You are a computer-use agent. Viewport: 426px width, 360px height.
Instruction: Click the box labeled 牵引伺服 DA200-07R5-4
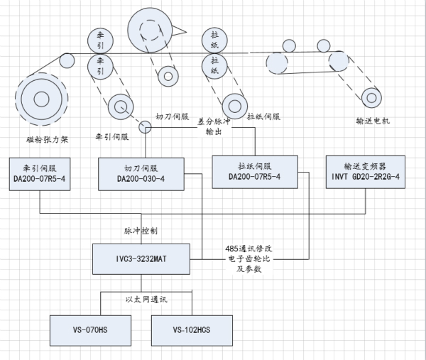(x=40, y=171)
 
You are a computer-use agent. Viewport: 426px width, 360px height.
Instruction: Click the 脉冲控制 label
(x=138, y=231)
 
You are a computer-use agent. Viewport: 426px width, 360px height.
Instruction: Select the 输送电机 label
(x=373, y=121)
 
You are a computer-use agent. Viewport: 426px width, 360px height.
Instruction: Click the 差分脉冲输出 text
(x=214, y=126)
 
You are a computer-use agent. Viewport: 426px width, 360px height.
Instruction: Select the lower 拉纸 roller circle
(x=214, y=66)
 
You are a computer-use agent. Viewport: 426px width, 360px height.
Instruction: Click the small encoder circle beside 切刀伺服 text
(x=146, y=127)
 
